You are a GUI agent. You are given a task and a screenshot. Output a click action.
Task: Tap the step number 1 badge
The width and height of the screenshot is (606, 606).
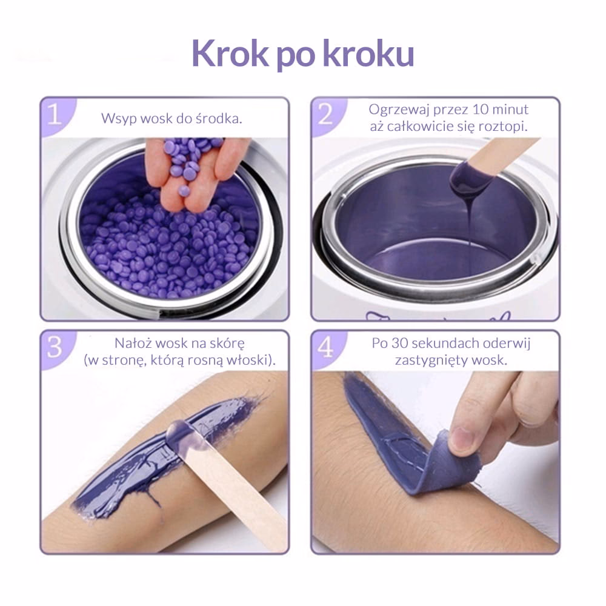click(56, 115)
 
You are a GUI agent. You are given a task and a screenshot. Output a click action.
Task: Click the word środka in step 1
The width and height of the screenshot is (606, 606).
click(219, 118)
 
